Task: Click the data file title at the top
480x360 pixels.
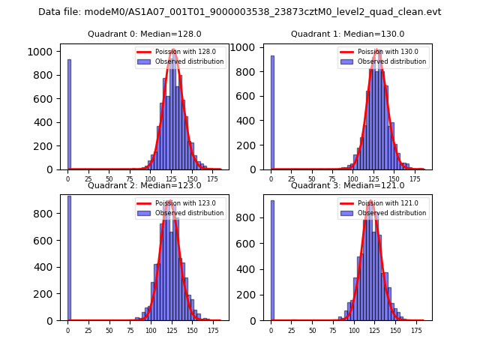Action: [x=239, y=12]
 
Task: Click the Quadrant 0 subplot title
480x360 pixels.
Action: [x=144, y=34]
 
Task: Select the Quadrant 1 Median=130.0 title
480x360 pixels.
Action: [x=347, y=34]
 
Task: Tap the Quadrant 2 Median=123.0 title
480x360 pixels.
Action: [x=144, y=185]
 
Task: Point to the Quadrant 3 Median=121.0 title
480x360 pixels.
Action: [x=347, y=185]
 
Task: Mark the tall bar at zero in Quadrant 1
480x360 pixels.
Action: [x=272, y=112]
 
